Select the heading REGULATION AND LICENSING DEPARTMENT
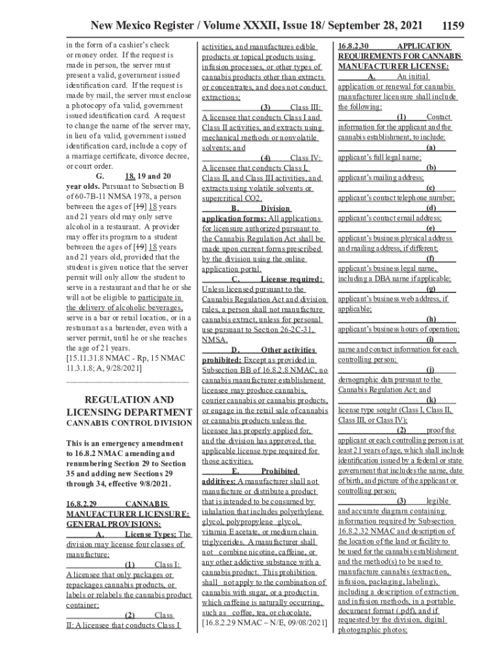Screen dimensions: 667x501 [129, 406]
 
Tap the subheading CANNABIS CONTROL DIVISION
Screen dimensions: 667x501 [129, 423]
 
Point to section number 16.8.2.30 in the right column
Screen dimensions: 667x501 [354, 46]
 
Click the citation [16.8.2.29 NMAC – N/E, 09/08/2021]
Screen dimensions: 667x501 [264, 623]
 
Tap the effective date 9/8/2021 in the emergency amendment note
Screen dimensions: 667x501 [153, 485]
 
